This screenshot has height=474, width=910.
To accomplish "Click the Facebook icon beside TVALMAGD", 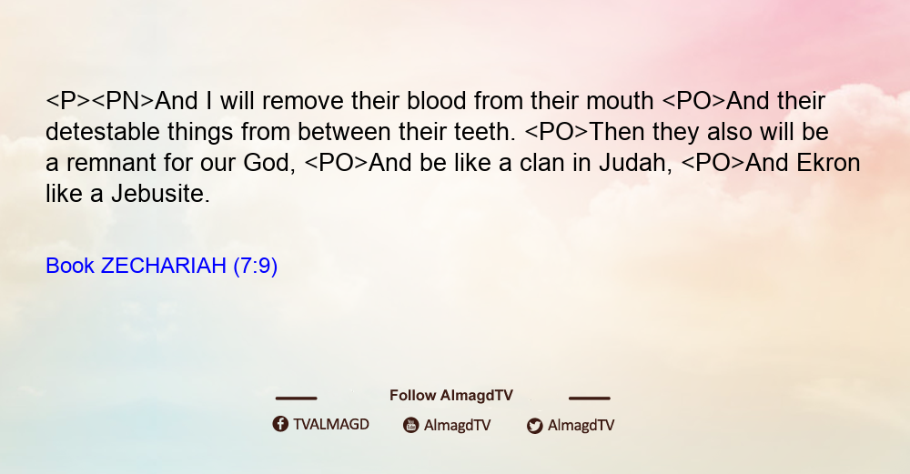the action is pos(280,424).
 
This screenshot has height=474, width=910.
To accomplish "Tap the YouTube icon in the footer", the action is pos(411,425).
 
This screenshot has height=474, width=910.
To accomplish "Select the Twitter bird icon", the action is pos(534,426).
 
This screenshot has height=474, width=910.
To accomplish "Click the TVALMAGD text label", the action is pos(331,424).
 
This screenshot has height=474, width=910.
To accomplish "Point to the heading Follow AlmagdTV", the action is pos(451,396).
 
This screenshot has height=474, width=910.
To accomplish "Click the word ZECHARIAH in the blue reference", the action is pos(163,266).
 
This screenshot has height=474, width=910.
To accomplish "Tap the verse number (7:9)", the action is pos(256,266).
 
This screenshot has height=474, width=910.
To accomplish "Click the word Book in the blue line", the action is pos(70,266).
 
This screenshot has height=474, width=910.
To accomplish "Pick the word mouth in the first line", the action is pos(620,101).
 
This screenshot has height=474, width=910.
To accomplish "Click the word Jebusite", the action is pos(160,194).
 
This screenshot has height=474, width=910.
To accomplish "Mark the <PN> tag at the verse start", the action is pos(123,101).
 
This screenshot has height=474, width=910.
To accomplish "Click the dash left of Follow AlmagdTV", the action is pos(296,398).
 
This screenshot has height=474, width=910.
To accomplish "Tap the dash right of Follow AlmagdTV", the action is pos(590,398).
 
